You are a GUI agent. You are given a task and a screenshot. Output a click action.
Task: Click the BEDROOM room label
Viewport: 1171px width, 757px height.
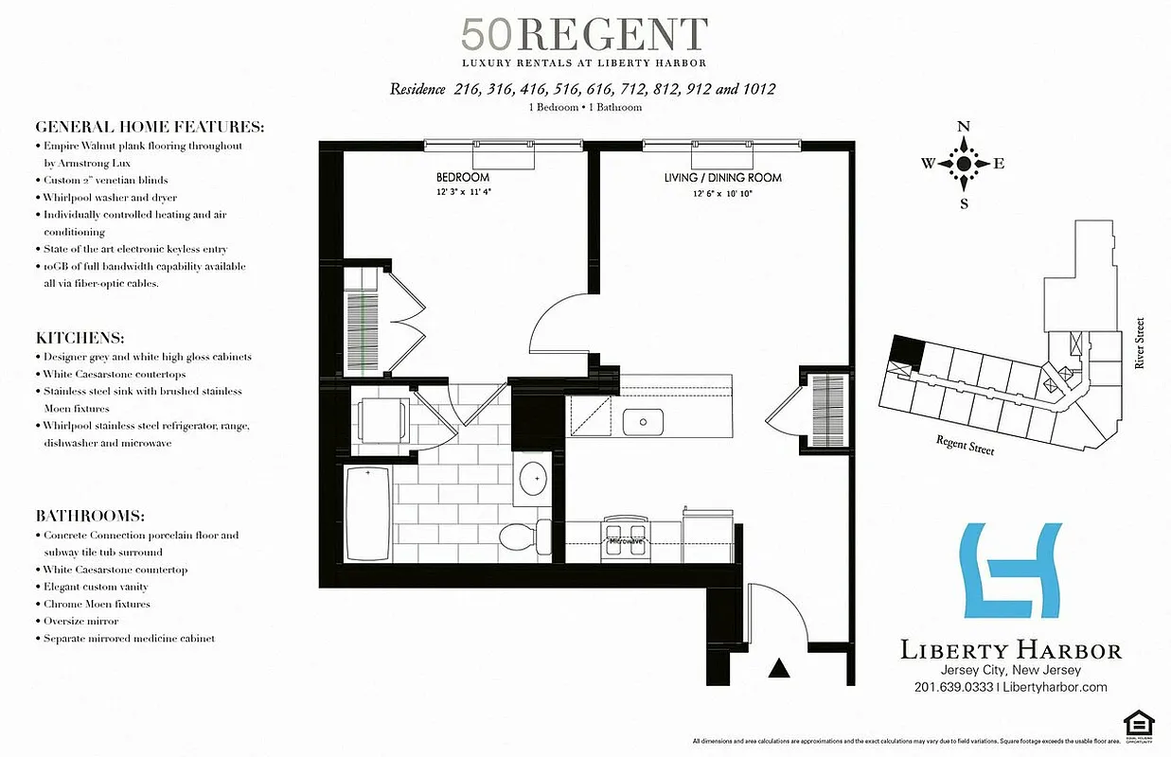click(463, 178)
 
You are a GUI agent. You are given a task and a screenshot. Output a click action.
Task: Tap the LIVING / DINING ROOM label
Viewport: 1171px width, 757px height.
click(722, 178)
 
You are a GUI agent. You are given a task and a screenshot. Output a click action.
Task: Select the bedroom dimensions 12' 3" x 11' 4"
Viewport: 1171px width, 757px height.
click(463, 192)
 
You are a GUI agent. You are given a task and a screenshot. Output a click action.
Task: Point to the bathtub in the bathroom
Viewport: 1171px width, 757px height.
click(367, 515)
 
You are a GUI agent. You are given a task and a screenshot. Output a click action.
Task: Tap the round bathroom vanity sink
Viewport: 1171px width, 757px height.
click(535, 480)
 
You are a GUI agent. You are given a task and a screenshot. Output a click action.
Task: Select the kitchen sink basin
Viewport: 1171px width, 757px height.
click(643, 420)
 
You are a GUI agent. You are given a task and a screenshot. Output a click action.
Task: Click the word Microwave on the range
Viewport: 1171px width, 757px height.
click(626, 541)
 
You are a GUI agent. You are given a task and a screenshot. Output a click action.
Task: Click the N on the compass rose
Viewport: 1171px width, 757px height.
click(964, 127)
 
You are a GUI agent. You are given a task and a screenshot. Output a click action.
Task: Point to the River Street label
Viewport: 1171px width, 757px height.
click(1139, 343)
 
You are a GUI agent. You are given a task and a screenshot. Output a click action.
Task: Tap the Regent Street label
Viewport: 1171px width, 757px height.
click(965, 445)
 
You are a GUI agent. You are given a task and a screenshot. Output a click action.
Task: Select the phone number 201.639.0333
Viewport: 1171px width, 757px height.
click(953, 688)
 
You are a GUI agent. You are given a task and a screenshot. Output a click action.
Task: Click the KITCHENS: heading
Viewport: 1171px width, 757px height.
click(80, 338)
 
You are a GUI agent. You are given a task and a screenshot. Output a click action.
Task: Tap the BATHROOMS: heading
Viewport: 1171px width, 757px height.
click(90, 516)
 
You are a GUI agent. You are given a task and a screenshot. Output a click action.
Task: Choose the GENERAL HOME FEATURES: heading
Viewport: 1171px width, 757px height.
click(150, 127)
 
